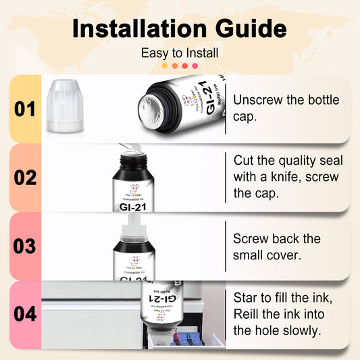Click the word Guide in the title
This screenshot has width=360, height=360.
[x=247, y=29]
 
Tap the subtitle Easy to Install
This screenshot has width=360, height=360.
[x=180, y=53]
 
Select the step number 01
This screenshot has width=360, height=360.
[x=24, y=109]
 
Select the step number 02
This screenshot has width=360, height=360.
[x=24, y=178]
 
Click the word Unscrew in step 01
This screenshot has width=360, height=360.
[x=255, y=100]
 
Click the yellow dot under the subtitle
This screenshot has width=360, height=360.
[x=165, y=66]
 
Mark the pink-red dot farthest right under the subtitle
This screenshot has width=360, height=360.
[x=195, y=66]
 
